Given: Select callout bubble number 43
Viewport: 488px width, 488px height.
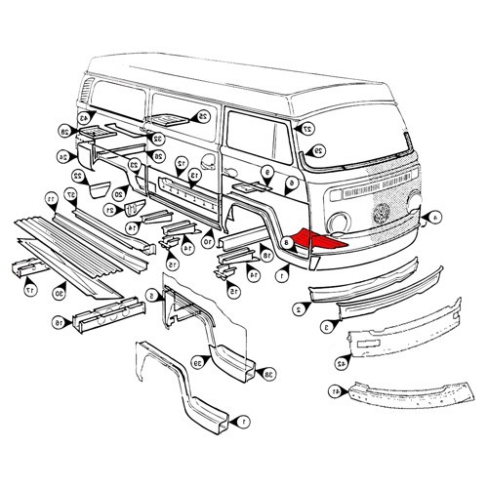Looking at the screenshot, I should tap(85, 120).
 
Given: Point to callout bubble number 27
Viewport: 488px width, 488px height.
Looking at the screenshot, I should tap(307, 128).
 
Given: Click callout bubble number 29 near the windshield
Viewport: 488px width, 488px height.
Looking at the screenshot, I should tap(318, 150).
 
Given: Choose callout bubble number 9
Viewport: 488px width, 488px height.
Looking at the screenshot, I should tap(266, 171).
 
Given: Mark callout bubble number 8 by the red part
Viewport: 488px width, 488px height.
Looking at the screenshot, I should tap(286, 243).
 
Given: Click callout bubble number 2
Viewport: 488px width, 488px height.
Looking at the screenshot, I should tap(296, 308).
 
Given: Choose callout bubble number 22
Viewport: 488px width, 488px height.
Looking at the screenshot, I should tap(77, 177).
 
